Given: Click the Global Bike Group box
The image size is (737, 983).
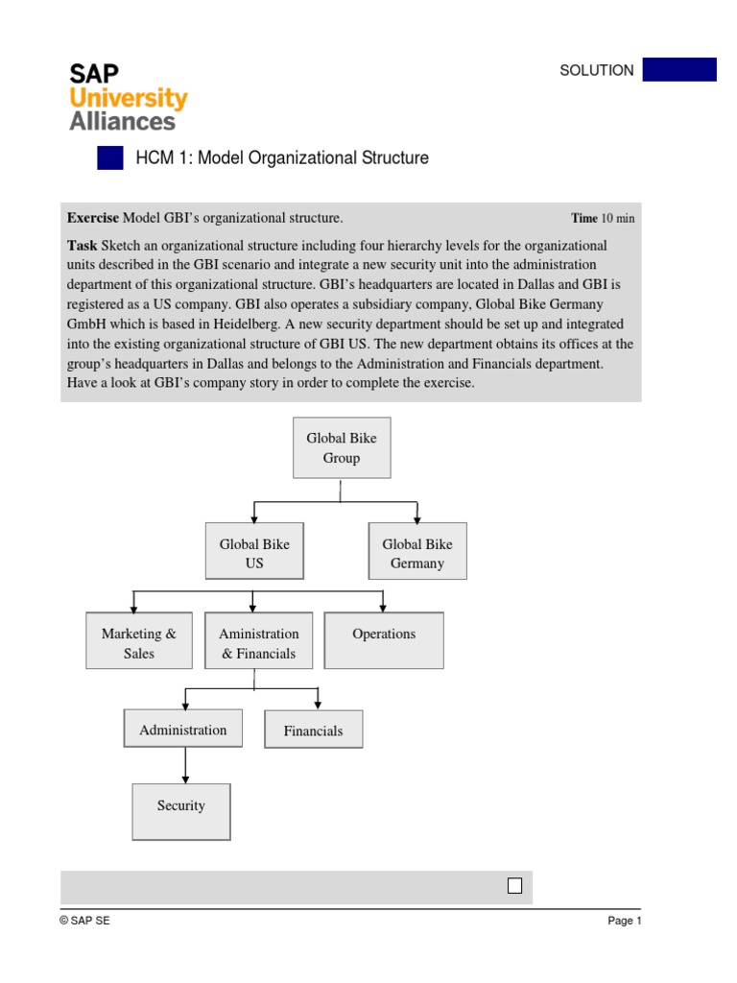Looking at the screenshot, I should (x=341, y=448).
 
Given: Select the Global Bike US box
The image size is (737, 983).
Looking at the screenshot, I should (x=254, y=553).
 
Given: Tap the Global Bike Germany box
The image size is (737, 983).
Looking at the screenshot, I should (x=417, y=553).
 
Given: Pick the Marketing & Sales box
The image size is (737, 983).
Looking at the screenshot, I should (x=139, y=643).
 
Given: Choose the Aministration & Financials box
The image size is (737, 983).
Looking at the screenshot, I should (x=258, y=643).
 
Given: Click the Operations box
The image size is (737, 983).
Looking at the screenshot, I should (x=384, y=641).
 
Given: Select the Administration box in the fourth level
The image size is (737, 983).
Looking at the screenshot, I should (x=183, y=730).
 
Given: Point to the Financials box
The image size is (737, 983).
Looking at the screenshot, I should (x=313, y=731).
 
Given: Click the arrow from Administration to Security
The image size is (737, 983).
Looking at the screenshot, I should (x=185, y=765).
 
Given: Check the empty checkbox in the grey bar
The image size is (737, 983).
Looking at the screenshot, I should (x=515, y=886).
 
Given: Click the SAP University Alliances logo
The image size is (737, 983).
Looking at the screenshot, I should (x=128, y=96).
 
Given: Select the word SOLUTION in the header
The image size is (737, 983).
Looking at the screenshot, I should (x=597, y=70).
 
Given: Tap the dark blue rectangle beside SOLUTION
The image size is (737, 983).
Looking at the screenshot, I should (x=679, y=70).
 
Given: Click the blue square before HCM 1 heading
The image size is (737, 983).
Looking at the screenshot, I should (x=110, y=158).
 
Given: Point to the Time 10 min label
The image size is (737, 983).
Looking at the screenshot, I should (x=603, y=218).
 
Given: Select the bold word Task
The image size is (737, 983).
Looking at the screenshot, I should (x=82, y=246).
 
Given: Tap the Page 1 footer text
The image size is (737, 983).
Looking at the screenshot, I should (x=624, y=921).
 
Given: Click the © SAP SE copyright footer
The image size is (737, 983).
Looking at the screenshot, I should (x=84, y=921).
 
